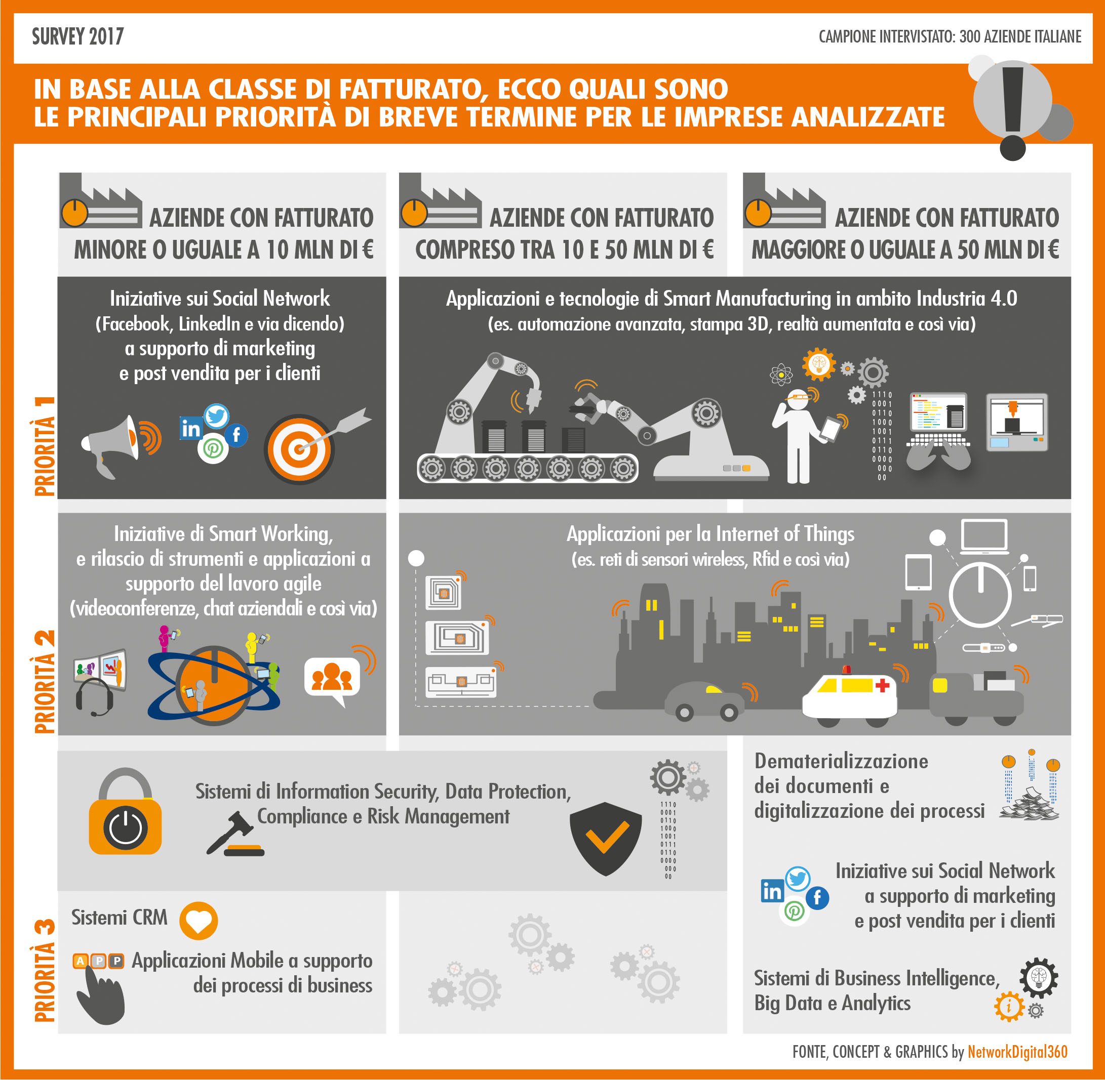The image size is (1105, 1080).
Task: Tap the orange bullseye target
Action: coord(299,449)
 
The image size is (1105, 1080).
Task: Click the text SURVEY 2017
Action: coord(78,37)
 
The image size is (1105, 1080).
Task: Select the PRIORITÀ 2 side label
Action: coord(45,681)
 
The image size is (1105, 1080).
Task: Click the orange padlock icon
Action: coord(126,811)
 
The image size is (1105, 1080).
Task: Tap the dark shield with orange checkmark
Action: coord(606,839)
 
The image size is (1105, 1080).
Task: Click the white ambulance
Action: coord(850,696)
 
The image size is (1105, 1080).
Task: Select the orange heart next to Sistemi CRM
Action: coord(199,921)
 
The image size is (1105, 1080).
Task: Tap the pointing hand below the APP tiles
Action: coord(101,995)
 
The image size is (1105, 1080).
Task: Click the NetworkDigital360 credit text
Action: coord(1017,1052)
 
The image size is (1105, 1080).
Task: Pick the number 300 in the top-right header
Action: coord(970,37)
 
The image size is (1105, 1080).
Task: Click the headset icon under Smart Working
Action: coord(94,697)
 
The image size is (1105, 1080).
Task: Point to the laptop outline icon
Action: coord(984,536)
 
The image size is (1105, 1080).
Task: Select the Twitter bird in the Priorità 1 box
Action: coord(216,416)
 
